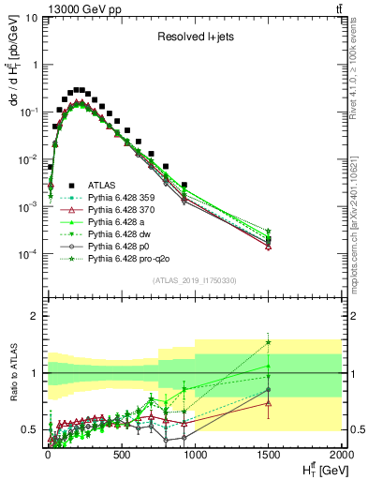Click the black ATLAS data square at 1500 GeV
coord(268,239)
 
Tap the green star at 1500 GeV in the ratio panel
coord(268,342)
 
